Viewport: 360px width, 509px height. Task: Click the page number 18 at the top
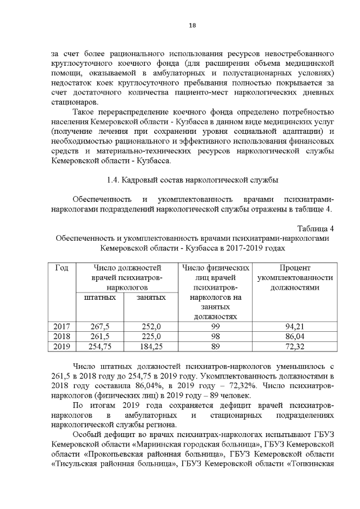point(192,25)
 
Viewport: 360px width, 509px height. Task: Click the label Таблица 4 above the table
point(316,228)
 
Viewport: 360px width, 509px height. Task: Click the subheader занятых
point(151,296)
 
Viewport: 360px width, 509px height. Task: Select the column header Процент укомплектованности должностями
point(295,278)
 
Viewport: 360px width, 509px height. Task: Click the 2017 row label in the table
point(61,326)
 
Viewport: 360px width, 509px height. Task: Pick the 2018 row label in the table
point(61,336)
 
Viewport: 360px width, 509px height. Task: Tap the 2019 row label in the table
point(61,346)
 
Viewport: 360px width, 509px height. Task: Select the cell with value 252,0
point(151,326)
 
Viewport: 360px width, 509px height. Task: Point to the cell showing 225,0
point(151,336)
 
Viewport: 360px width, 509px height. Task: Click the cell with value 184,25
point(151,346)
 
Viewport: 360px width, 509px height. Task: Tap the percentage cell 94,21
point(295,326)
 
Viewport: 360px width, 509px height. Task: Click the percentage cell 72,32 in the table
point(295,346)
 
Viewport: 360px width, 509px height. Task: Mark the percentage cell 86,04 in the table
point(295,336)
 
